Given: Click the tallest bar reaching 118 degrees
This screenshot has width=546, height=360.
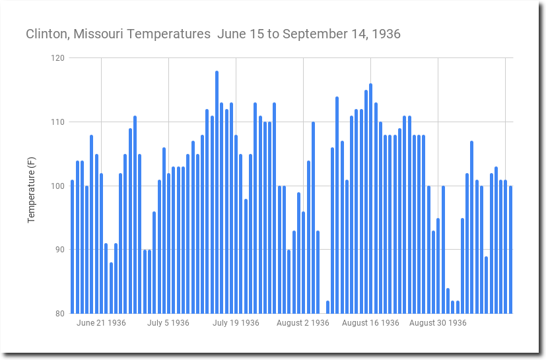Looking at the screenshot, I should [x=217, y=192].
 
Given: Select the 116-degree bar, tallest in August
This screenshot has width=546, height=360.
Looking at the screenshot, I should [x=370, y=198].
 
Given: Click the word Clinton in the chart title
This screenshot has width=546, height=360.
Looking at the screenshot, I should [x=46, y=34].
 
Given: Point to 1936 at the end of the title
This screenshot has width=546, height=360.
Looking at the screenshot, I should [x=386, y=34].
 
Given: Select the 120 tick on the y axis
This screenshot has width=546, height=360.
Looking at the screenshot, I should [x=57, y=58].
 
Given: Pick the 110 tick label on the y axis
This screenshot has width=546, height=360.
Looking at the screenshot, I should [x=57, y=122].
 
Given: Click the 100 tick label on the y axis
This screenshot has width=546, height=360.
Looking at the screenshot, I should [x=57, y=186].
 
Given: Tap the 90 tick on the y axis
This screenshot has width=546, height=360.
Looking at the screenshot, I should [x=59, y=250].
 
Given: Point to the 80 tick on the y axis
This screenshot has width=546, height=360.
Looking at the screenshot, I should [x=59, y=314].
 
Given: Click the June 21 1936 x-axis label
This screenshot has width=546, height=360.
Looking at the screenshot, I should [x=101, y=323].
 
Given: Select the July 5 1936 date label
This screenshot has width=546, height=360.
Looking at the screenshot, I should [x=168, y=323].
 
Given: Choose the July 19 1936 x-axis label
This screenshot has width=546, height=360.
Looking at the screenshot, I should [x=236, y=323].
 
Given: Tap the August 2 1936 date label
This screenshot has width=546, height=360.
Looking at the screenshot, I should [x=302, y=323].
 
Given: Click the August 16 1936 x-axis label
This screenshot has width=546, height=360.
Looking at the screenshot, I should [x=370, y=323].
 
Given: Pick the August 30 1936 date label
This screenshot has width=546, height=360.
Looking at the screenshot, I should [x=438, y=323].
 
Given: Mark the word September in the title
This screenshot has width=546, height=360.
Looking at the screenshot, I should [x=308, y=34].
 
